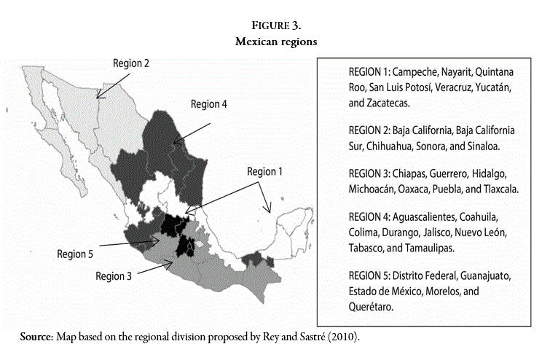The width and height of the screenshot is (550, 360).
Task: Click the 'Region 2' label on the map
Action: click(x=131, y=63)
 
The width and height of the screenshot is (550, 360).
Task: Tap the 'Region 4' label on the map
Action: click(x=209, y=103)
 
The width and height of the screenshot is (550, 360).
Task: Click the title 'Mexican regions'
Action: click(x=275, y=42)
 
